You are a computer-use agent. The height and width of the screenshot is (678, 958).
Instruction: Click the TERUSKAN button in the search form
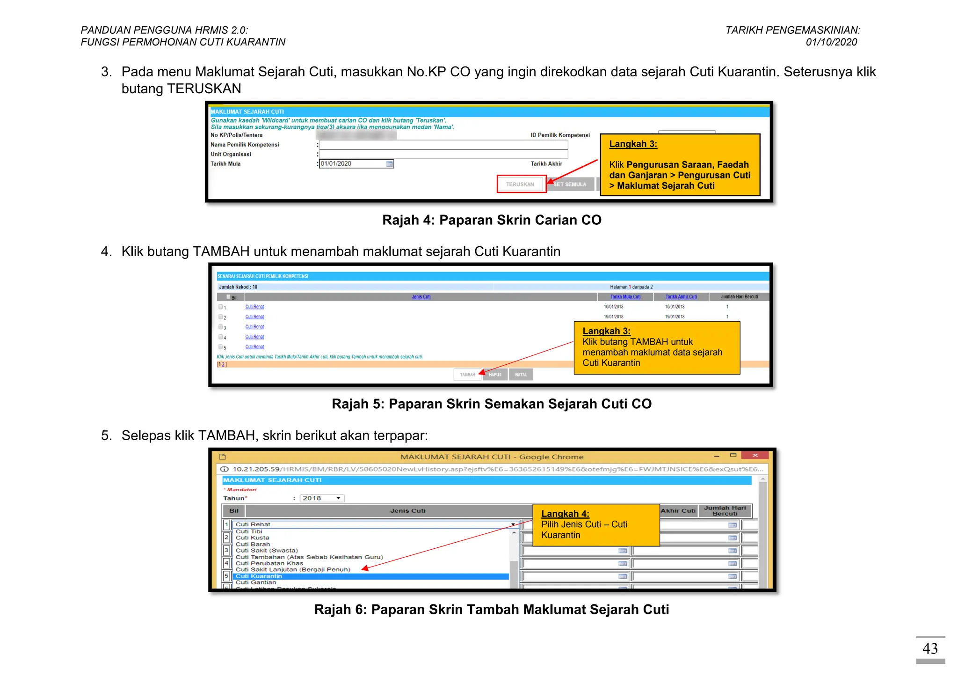tap(521, 184)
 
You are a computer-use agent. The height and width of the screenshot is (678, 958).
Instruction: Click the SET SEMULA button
tap(570, 184)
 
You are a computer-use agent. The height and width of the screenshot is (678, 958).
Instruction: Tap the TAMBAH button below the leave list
tap(467, 375)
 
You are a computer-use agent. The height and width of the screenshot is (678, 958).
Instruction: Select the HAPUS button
tap(495, 375)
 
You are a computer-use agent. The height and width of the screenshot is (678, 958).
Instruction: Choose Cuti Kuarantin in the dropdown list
tap(259, 576)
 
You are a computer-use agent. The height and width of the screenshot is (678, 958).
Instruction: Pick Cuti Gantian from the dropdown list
tap(256, 582)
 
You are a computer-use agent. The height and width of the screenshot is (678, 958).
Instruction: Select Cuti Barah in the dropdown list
tap(253, 544)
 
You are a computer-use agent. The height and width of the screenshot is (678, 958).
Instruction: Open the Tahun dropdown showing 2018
tap(322, 498)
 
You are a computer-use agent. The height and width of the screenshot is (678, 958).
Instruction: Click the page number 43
tap(930, 649)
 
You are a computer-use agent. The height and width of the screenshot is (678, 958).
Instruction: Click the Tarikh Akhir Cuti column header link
tap(681, 297)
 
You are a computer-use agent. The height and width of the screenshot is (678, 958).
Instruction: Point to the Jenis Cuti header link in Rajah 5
tap(421, 297)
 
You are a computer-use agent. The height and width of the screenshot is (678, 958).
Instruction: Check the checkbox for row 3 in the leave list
tap(221, 327)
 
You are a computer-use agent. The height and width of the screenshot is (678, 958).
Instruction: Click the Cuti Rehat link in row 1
tap(254, 307)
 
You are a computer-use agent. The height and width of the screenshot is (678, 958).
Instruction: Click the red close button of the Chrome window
tap(755, 455)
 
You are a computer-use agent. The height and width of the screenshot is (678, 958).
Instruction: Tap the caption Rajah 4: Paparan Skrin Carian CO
tap(492, 220)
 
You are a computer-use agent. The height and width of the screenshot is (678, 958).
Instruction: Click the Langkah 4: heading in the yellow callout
tap(565, 514)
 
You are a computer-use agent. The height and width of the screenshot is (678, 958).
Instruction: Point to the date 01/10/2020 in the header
tap(831, 42)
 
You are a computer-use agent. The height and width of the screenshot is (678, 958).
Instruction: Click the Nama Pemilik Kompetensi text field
tap(443, 145)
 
